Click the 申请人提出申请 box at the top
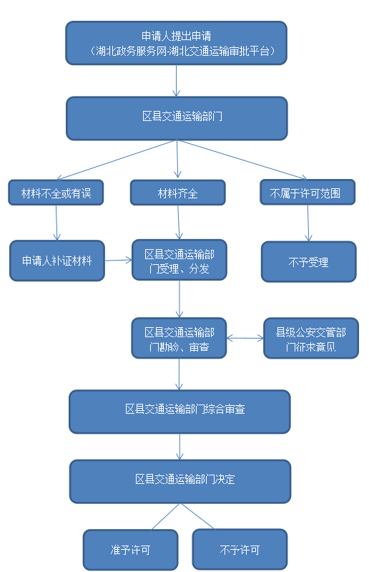click(176, 43)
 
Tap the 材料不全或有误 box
click(56, 193)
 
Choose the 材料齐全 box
click(177, 193)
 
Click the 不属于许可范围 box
click(307, 193)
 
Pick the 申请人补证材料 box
click(56, 261)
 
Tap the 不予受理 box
click(308, 261)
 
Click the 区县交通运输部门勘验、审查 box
click(179, 338)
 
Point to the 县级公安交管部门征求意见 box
click(310, 338)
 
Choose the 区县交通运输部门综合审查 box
click(179, 411)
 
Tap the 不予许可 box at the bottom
click(240, 550)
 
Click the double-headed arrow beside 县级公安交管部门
click(245, 338)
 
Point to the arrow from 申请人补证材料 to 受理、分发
click(118, 261)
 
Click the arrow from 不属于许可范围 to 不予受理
click(307, 223)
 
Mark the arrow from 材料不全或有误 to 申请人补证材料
click(56, 223)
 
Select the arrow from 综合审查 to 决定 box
click(179, 446)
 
